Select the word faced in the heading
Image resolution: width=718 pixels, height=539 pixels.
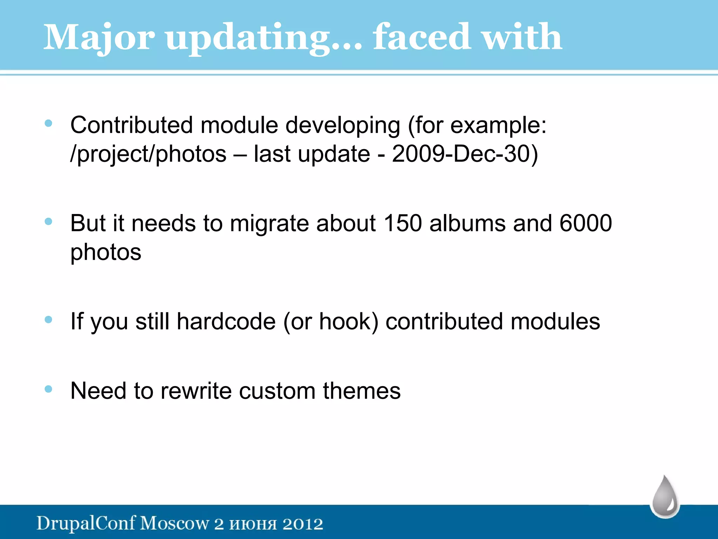pyautogui.click(x=421, y=37)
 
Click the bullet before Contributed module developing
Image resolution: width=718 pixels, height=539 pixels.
pyautogui.click(x=48, y=123)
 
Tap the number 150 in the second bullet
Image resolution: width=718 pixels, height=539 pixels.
pyautogui.click(x=402, y=223)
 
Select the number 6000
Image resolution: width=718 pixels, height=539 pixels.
pyautogui.click(x=585, y=223)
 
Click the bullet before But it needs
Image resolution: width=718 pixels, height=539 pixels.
pyautogui.click(x=48, y=221)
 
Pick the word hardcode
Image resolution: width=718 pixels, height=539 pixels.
pyautogui.click(x=226, y=321)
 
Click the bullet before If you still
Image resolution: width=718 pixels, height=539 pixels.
pyautogui.click(x=48, y=319)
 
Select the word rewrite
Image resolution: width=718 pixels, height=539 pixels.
pyautogui.click(x=196, y=391)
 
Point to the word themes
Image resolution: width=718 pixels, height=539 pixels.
pyautogui.click(x=361, y=391)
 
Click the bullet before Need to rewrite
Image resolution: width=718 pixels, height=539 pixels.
pyautogui.click(x=48, y=389)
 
